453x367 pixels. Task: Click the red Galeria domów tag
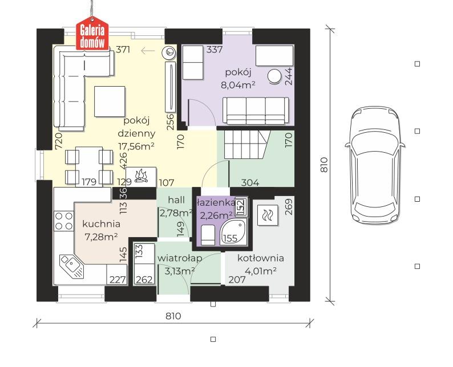tap(92, 34)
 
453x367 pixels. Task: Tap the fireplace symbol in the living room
tap(141, 177)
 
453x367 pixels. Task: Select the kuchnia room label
tap(101, 223)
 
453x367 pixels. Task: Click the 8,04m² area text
tap(238, 85)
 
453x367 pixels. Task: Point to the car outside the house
tap(375, 165)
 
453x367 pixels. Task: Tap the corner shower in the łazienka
tap(233, 232)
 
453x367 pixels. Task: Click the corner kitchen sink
tap(71, 266)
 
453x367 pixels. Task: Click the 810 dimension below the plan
tap(173, 316)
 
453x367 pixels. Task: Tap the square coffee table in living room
tap(110, 101)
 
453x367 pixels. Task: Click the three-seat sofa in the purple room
tap(256, 111)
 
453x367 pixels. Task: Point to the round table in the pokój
tap(274, 76)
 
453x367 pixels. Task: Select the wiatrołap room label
tap(179, 258)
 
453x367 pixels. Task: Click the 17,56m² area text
tap(136, 146)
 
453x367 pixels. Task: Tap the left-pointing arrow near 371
tap(148, 51)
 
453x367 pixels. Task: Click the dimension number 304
tap(250, 182)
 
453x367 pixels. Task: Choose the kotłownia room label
tap(261, 258)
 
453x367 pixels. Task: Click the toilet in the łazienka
tap(208, 235)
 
